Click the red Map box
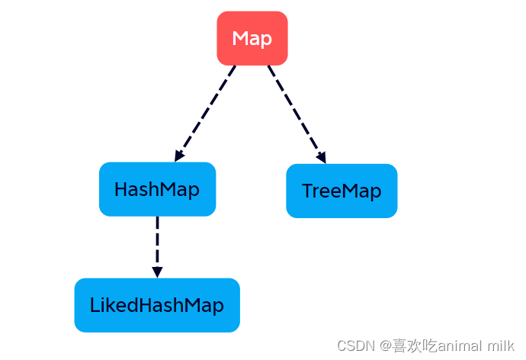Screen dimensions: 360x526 click(x=252, y=38)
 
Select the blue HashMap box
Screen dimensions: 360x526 click(x=157, y=189)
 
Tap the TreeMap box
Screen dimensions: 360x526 click(x=342, y=191)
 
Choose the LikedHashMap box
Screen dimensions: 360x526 click(x=157, y=305)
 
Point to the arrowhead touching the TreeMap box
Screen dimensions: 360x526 click(x=322, y=158)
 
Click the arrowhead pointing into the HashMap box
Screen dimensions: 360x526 click(x=179, y=156)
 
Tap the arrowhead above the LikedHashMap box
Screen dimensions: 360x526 click(x=157, y=272)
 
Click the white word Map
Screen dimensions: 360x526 click(x=252, y=38)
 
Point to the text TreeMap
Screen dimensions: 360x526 click(x=342, y=191)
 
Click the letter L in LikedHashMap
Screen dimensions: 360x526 click(x=93, y=306)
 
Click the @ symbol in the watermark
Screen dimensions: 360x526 click(x=386, y=346)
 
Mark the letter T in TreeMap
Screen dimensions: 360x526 click(x=307, y=191)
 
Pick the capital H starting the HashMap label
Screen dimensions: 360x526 click(x=120, y=189)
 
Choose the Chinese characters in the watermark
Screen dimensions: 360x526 click(x=415, y=346)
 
